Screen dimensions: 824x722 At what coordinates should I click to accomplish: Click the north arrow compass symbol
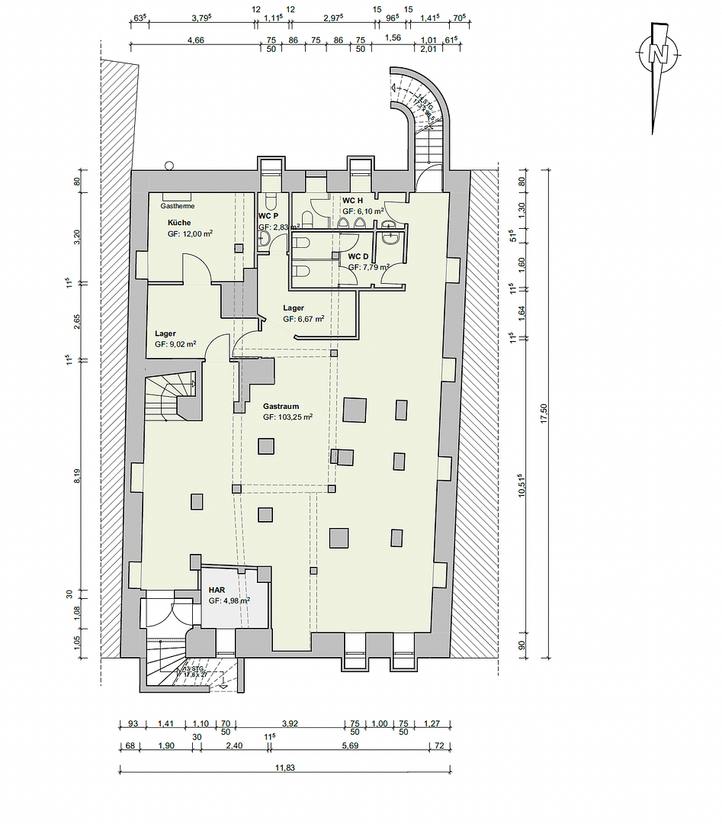[x=656, y=55]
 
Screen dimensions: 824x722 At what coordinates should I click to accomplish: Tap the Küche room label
[x=179, y=223]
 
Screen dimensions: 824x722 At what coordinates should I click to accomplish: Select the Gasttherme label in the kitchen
[x=177, y=206]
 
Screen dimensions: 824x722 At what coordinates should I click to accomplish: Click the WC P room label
[x=268, y=216]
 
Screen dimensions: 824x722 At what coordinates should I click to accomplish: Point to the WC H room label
[x=353, y=200]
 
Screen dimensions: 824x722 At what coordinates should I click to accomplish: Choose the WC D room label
[x=358, y=256]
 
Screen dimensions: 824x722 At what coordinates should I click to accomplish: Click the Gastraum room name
[x=281, y=407]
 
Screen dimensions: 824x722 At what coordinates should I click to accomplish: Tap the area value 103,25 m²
[x=288, y=417]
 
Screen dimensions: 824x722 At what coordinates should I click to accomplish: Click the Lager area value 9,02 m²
[x=175, y=345]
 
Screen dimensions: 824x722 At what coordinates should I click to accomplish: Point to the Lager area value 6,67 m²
[x=303, y=319]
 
